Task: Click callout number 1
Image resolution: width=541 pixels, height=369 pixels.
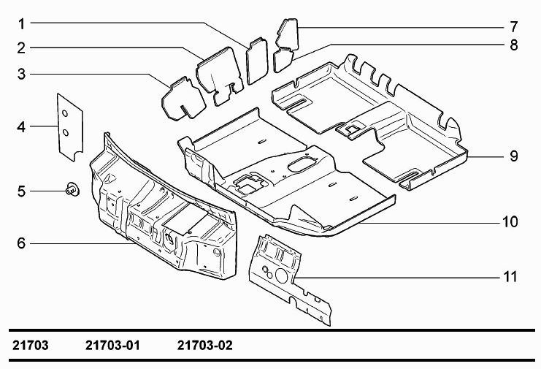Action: pos(22,24)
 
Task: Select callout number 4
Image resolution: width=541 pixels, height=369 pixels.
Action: pos(21,127)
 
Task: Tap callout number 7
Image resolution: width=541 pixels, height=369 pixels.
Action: pos(514,26)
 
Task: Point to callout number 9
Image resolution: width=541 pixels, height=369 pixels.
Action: pos(514,156)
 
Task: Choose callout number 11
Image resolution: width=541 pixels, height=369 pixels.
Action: pos(510,277)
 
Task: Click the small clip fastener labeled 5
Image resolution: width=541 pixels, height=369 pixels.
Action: pos(72,189)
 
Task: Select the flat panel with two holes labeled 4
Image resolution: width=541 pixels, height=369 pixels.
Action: pos(70,127)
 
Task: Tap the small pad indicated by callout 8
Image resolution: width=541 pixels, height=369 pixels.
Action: pos(283,59)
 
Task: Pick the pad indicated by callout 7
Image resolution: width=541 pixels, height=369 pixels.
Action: pos(288,34)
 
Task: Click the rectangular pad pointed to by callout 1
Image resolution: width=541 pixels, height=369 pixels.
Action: pos(257,61)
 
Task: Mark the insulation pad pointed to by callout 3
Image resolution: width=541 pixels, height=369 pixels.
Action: pos(183,99)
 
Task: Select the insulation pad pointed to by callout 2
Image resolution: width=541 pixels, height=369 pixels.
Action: pos(220,75)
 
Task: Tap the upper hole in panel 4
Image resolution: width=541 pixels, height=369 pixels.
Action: pos(64,113)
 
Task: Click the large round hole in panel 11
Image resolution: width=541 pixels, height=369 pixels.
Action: pos(282,275)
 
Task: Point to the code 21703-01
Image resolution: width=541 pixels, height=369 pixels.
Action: pos(112,345)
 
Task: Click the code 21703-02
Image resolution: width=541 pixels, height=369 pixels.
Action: pos(205,345)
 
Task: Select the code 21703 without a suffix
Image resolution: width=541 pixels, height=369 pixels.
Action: pos(31,345)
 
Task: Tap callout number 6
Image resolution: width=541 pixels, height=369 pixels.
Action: pos(21,243)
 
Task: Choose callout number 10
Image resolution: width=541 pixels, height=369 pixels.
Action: pos(510,221)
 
